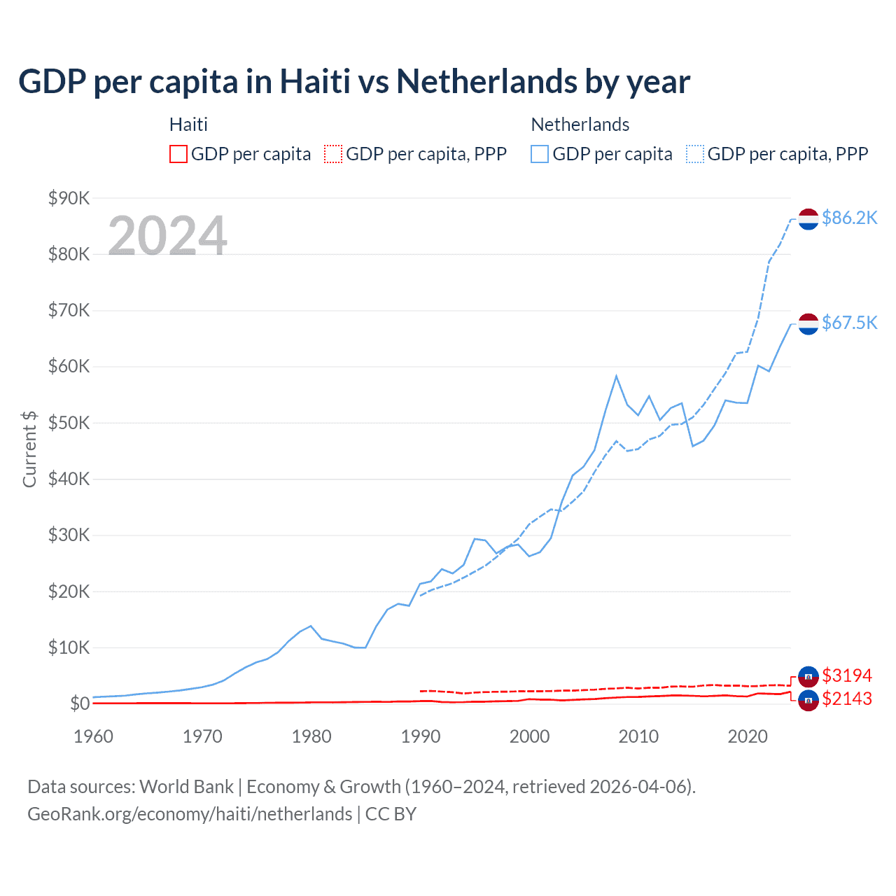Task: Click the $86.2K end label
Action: point(849,218)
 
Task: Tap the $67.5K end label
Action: point(849,323)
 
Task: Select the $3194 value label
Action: point(847,675)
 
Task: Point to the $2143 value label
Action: point(847,699)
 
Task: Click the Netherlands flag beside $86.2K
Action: point(808,219)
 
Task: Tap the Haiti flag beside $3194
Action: point(808,675)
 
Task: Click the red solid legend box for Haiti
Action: point(178,154)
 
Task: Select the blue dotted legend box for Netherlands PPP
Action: point(695,154)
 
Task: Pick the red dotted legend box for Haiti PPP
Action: point(333,154)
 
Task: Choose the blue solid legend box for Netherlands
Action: point(540,154)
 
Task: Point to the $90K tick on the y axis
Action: point(69,198)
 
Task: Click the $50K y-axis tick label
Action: point(69,423)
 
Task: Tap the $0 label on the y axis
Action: point(79,703)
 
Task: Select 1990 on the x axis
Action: point(421,736)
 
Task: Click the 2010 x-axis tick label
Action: point(638,736)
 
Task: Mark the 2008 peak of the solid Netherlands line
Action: point(616,376)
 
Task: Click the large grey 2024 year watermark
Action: point(168,236)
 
